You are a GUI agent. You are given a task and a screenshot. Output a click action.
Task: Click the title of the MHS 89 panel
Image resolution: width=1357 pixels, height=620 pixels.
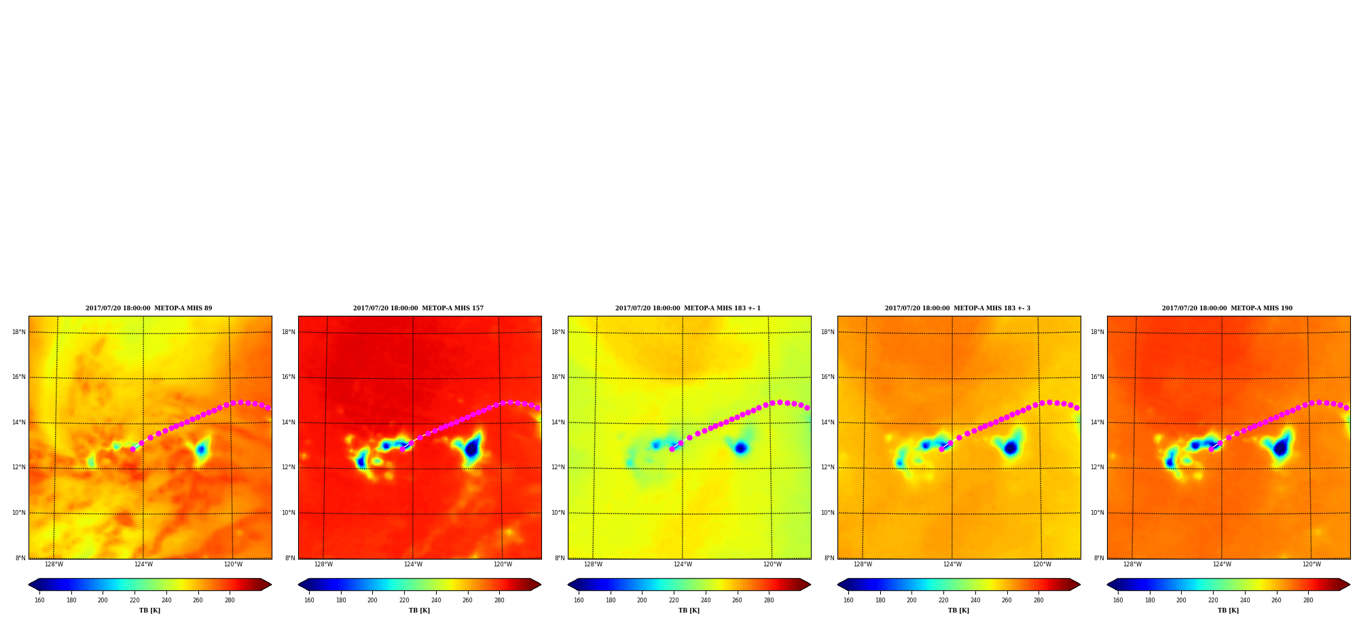click(x=149, y=308)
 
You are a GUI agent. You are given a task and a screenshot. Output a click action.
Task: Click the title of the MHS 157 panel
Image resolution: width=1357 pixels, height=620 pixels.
click(x=418, y=308)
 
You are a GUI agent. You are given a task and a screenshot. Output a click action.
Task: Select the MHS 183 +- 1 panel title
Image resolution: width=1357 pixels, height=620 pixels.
click(x=688, y=308)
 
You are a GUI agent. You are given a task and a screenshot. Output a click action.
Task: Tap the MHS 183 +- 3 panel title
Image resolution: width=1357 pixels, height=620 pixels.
click(x=958, y=308)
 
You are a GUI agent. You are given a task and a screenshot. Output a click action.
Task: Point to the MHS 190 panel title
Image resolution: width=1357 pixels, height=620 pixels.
click(x=1227, y=308)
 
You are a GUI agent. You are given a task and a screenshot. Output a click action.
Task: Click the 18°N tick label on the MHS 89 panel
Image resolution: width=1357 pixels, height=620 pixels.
click(x=19, y=332)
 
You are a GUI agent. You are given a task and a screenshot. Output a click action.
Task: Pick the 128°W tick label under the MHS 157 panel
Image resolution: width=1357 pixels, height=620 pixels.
click(x=323, y=564)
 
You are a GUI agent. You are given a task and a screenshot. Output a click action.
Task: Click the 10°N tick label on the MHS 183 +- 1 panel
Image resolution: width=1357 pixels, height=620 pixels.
click(x=558, y=513)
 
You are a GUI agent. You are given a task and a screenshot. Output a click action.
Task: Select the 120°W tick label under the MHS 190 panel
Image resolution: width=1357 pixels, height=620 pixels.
click(x=1311, y=564)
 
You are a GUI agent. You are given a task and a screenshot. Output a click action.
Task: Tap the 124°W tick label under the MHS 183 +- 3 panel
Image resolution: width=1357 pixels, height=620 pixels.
click(x=952, y=564)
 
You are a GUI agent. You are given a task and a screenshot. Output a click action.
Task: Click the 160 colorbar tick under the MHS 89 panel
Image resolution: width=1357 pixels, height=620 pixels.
click(x=39, y=600)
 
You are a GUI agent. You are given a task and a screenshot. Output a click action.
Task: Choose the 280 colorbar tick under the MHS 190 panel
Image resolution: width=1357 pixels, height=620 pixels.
click(x=1308, y=600)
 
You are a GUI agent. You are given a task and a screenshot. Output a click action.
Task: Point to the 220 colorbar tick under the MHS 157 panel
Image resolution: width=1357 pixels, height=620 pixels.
click(x=404, y=600)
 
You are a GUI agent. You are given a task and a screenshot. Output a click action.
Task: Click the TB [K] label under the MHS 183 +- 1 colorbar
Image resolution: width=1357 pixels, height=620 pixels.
click(x=689, y=610)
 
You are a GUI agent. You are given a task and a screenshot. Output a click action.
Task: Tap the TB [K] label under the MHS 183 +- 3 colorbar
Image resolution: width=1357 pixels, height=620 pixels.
click(x=959, y=610)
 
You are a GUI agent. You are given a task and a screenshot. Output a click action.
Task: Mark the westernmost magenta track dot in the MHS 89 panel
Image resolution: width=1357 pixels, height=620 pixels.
click(x=132, y=449)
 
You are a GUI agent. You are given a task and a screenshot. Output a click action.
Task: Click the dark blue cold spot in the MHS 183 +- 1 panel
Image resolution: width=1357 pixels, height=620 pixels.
click(x=740, y=448)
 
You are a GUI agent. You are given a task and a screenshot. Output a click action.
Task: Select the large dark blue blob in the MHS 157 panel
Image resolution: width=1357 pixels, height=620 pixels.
click(x=471, y=448)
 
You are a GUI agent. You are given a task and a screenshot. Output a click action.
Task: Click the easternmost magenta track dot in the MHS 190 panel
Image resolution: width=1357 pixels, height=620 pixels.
click(x=1346, y=407)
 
